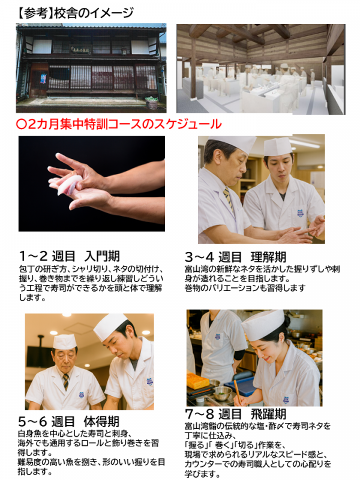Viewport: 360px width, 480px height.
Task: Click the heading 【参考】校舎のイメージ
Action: [x=76, y=13]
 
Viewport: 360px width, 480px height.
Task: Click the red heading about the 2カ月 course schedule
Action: [x=118, y=124]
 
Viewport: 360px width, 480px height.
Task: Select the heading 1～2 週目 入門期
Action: [x=69, y=256]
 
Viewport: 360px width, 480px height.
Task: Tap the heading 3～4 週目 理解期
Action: [x=235, y=257]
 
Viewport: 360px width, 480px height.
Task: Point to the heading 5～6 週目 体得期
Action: [x=68, y=422]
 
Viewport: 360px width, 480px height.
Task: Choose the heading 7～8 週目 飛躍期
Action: [x=236, y=414]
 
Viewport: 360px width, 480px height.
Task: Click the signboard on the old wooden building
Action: [x=80, y=50]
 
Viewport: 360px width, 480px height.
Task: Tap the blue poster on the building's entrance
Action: [x=43, y=78]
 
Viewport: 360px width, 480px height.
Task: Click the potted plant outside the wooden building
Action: [x=152, y=103]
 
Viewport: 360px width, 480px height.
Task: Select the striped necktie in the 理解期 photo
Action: [x=228, y=199]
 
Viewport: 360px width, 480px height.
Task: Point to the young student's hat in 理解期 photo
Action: [x=278, y=147]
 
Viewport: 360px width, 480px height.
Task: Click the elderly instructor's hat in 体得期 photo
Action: [x=65, y=341]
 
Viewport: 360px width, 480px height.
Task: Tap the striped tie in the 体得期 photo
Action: [x=66, y=382]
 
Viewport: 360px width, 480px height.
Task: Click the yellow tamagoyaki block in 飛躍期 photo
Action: [x=197, y=381]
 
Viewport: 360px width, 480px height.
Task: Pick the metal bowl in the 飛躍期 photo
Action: [x=222, y=393]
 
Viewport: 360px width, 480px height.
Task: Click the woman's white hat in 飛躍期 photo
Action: [x=263, y=325]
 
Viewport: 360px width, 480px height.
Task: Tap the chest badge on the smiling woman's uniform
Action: [x=286, y=400]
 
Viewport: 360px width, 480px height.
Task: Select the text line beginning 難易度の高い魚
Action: [x=91, y=462]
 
